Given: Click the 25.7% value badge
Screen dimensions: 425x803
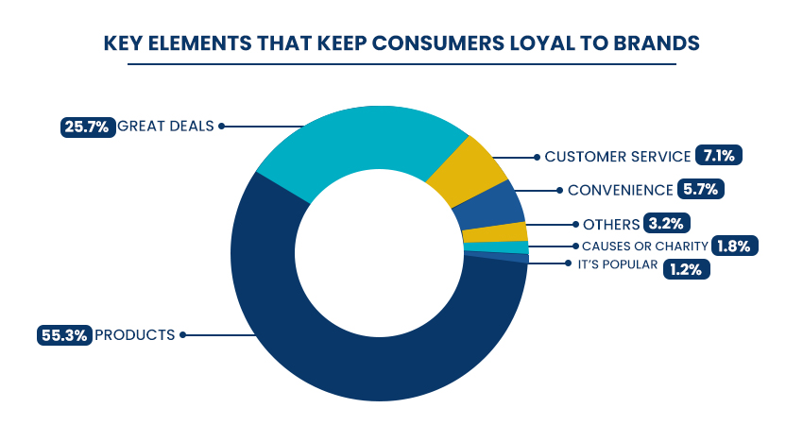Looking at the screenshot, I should click(86, 125).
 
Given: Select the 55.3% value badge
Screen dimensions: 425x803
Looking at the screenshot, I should click(64, 334).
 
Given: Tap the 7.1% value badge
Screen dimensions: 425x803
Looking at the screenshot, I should click(714, 156).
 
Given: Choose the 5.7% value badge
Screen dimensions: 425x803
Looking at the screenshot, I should click(700, 189).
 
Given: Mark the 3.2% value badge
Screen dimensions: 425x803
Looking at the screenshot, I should click(667, 224).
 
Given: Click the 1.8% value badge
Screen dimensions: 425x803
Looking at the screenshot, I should click(734, 246).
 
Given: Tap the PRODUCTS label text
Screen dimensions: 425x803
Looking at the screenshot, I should click(135, 334).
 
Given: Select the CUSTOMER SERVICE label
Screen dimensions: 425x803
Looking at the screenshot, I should click(616, 156).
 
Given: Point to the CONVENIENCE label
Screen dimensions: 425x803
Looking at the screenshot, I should click(620, 189).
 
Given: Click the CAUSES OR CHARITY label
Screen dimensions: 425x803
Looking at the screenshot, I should click(644, 246).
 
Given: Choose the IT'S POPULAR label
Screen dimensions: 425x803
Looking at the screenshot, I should click(617, 264).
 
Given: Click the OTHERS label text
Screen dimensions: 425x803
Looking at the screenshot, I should click(610, 224).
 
